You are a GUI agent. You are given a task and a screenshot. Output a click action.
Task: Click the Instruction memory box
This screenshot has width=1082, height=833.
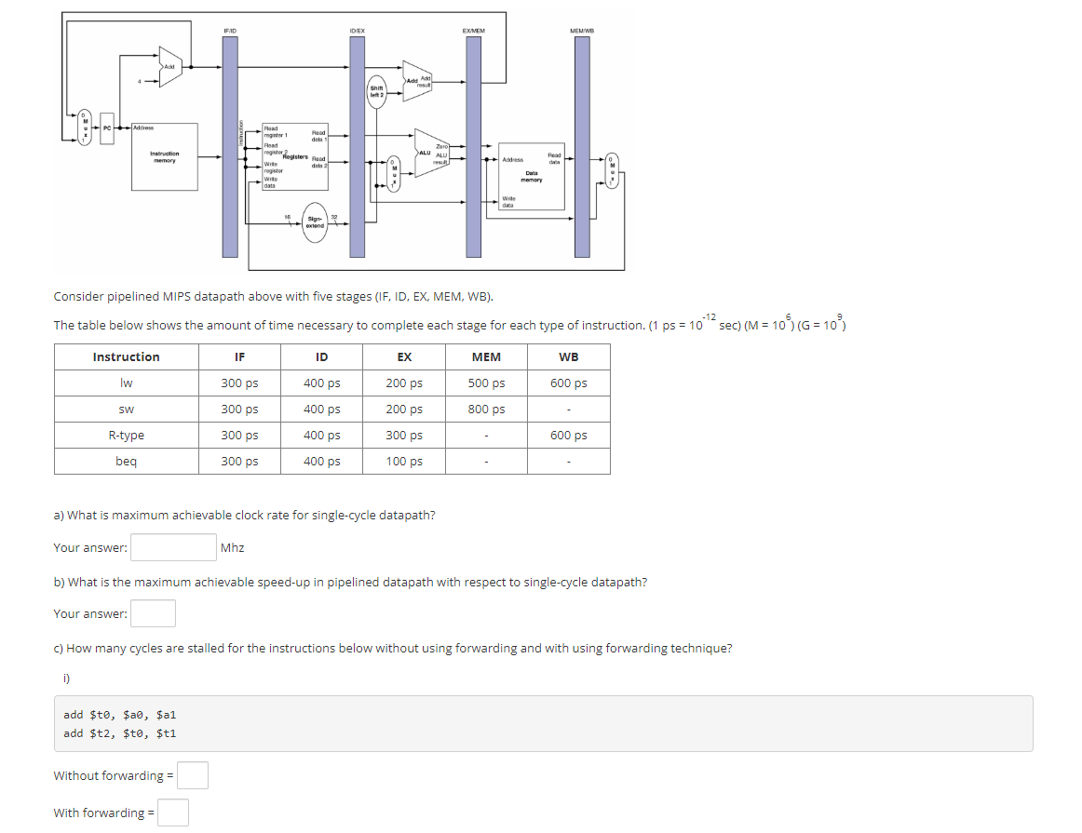point(164,156)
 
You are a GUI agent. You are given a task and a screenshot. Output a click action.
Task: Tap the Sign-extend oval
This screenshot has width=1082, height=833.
point(315,222)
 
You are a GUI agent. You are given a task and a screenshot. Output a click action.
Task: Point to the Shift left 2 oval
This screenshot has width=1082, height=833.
point(376,91)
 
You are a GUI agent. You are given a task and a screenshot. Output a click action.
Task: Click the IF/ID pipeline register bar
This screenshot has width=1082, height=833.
point(230,147)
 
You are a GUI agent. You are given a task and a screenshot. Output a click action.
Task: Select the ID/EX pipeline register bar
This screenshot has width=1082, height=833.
point(357,147)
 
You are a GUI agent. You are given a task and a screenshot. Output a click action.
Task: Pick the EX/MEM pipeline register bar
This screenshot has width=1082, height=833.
point(473,147)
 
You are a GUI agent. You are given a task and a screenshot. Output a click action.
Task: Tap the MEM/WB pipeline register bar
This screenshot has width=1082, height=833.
point(582,147)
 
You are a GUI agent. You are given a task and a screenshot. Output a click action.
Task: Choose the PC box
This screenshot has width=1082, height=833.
point(107,127)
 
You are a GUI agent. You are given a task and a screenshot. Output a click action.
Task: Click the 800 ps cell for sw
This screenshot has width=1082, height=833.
point(486,410)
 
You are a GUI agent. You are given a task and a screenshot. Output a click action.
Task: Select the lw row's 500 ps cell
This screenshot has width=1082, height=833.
point(486,383)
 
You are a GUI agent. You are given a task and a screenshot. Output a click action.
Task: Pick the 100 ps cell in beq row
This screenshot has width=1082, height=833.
point(404,462)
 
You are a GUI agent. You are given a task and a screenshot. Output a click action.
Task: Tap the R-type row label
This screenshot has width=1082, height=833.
point(126,436)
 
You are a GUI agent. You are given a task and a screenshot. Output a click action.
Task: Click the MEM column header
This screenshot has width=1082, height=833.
point(486,357)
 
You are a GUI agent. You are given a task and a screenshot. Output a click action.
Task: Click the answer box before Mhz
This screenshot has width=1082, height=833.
point(174,547)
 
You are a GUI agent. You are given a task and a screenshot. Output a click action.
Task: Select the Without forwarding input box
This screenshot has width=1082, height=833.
point(193,775)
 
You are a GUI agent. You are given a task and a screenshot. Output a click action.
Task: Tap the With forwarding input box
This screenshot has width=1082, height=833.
point(173,813)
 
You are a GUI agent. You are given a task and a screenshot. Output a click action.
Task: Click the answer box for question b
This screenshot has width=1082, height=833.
point(153,613)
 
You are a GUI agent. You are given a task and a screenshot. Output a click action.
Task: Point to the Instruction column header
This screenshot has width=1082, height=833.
point(126,357)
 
